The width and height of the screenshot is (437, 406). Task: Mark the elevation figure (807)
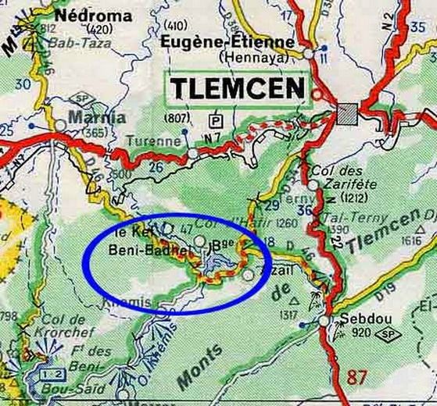pyautogui.click(x=177, y=119)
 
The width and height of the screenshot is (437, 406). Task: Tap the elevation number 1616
pyautogui.click(x=411, y=241)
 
